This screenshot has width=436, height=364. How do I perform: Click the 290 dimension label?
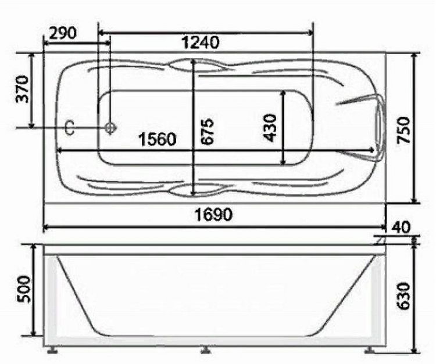pyautogui.click(x=63, y=33)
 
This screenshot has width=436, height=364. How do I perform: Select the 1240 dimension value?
pyautogui.click(x=201, y=42)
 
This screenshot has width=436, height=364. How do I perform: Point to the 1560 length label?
pyautogui.click(x=156, y=139)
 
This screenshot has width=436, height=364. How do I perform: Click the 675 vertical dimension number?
pyautogui.click(x=208, y=131)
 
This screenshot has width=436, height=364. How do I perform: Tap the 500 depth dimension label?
pyautogui.click(x=22, y=290)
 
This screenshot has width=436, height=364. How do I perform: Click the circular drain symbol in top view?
pyautogui.click(x=110, y=128)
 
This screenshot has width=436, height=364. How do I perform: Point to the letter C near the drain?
pyautogui.click(x=69, y=128)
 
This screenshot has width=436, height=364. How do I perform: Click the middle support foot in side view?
pyautogui.click(x=204, y=350)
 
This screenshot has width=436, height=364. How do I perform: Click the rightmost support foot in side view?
pyautogui.click(x=370, y=350)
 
